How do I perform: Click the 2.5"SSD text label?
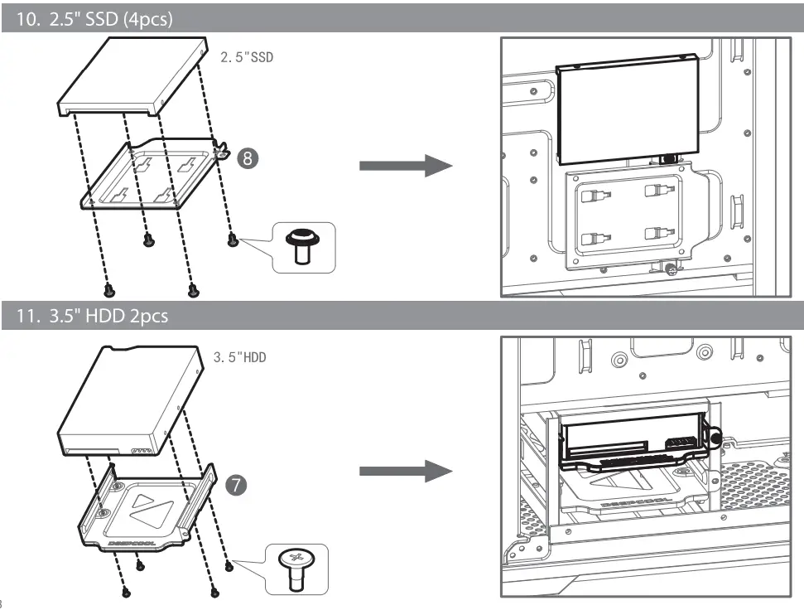(x=246, y=59)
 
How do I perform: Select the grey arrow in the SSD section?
(x=405, y=164)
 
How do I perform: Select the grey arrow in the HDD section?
(x=405, y=473)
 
